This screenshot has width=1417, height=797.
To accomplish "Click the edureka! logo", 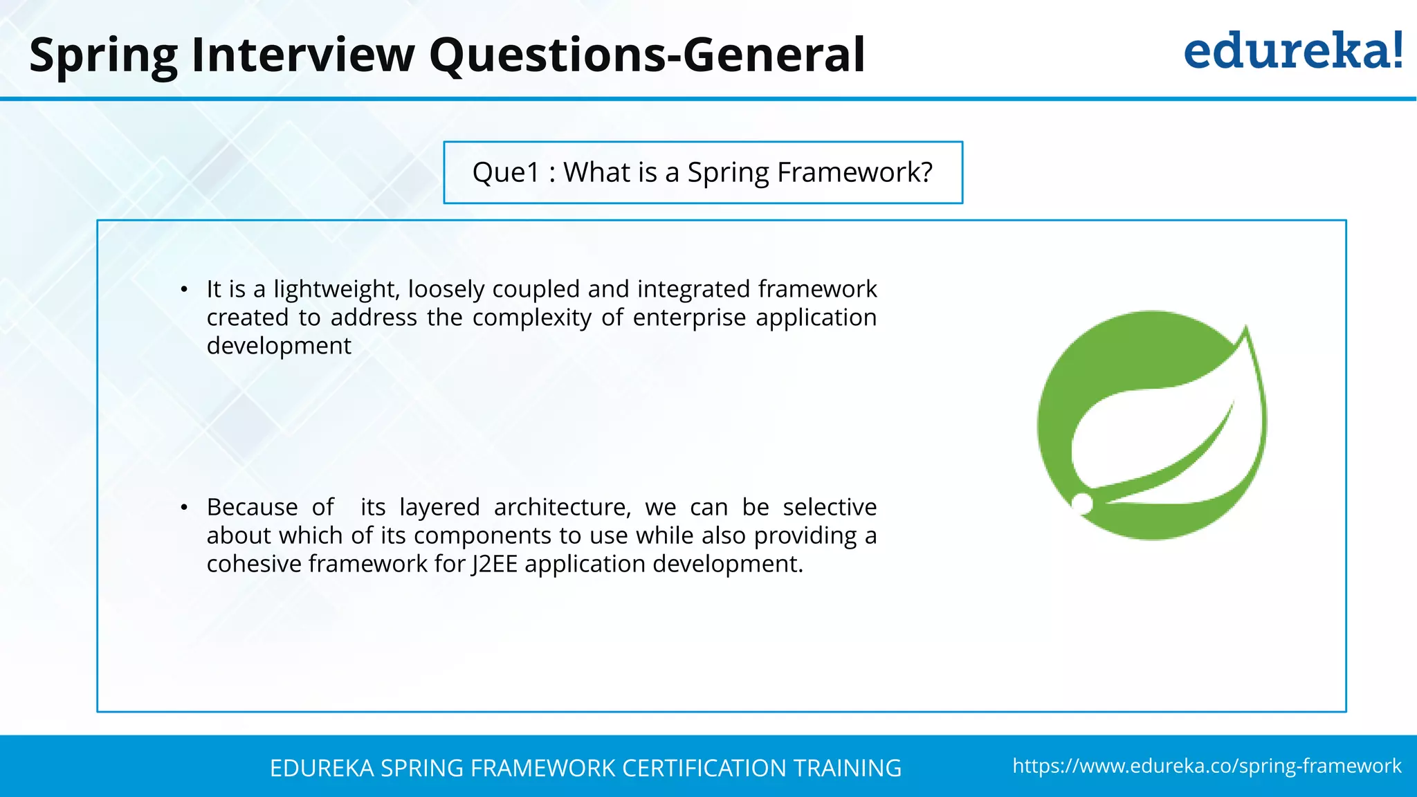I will click(1292, 51).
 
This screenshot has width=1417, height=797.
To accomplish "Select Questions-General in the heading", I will click(647, 55).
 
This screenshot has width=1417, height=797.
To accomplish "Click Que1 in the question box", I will click(506, 173).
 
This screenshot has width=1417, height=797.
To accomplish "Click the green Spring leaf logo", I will click(1152, 425).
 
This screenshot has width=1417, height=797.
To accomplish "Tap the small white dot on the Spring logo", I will click(1082, 504).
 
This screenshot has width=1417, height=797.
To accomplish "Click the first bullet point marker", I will click(184, 290).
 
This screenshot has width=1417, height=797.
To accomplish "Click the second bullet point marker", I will click(184, 509).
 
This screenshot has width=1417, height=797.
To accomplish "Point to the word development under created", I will click(279, 346).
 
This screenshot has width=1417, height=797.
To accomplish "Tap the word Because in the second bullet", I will click(252, 507).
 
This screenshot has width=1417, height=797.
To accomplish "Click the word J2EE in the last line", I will click(494, 564).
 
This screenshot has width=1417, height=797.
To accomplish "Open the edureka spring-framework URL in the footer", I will click(1207, 766).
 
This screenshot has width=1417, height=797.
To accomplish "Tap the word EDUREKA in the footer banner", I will click(322, 768).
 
